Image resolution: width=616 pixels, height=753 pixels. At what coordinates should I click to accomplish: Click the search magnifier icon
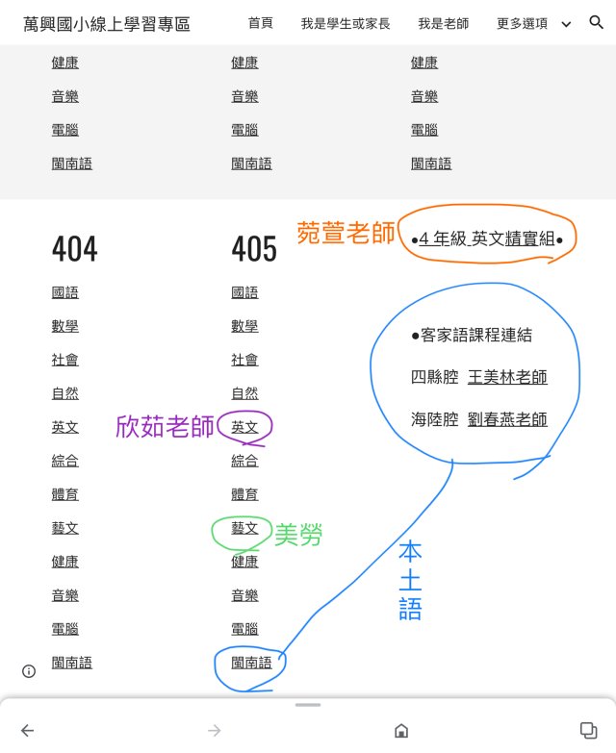(596, 22)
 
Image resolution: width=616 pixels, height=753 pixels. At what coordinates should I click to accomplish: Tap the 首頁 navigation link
(260, 23)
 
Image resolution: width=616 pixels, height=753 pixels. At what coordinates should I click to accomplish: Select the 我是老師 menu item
(443, 23)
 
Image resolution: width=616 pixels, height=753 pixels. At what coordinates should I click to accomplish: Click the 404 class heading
(74, 250)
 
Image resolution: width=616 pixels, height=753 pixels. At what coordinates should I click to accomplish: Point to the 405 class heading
(254, 250)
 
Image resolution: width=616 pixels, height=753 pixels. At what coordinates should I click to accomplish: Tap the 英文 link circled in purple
(244, 427)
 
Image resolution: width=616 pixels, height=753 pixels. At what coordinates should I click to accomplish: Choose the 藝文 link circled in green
(244, 528)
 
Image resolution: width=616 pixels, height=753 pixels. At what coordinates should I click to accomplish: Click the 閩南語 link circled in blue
(251, 663)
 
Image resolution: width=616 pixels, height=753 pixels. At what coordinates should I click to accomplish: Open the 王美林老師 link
(507, 377)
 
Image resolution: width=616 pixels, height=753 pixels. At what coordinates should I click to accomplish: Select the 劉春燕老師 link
(507, 419)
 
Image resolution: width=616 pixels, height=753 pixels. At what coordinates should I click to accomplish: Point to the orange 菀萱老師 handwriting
(346, 233)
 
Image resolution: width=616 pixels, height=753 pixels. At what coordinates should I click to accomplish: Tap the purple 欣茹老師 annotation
(165, 427)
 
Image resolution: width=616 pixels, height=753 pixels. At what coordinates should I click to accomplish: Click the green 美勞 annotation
(298, 535)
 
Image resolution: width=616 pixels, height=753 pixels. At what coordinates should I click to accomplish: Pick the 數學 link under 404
(65, 326)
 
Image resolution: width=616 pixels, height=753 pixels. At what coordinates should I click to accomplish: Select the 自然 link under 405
(244, 393)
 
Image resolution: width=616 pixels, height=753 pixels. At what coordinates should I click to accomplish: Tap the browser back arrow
(27, 731)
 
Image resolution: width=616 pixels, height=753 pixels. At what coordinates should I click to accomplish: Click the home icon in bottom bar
(401, 731)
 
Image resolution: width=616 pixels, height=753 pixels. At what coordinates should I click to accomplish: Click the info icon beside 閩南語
(29, 670)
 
